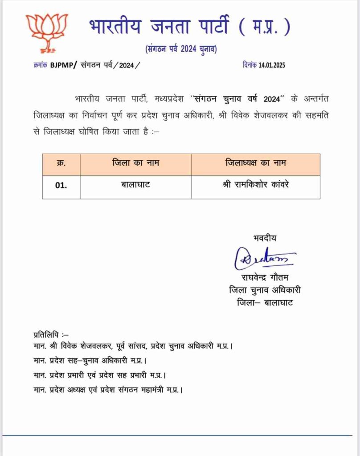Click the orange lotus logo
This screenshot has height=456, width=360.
coord(47,32)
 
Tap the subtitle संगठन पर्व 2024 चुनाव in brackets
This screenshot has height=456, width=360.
coord(181,49)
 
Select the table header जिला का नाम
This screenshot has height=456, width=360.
coord(135,163)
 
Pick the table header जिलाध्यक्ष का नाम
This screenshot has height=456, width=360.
coord(255,163)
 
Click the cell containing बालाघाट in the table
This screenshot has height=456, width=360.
coord(135,184)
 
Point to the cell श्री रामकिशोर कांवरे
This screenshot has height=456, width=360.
coord(255,184)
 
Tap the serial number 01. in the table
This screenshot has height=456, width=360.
coord(61,185)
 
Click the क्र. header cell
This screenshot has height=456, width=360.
coord(61,163)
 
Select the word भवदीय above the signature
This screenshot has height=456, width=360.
coord(264,238)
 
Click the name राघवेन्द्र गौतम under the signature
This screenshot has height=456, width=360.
coord(265,277)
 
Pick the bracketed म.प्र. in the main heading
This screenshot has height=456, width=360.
coord(265,28)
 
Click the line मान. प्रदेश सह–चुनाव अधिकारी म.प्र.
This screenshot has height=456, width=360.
coord(90,360)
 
